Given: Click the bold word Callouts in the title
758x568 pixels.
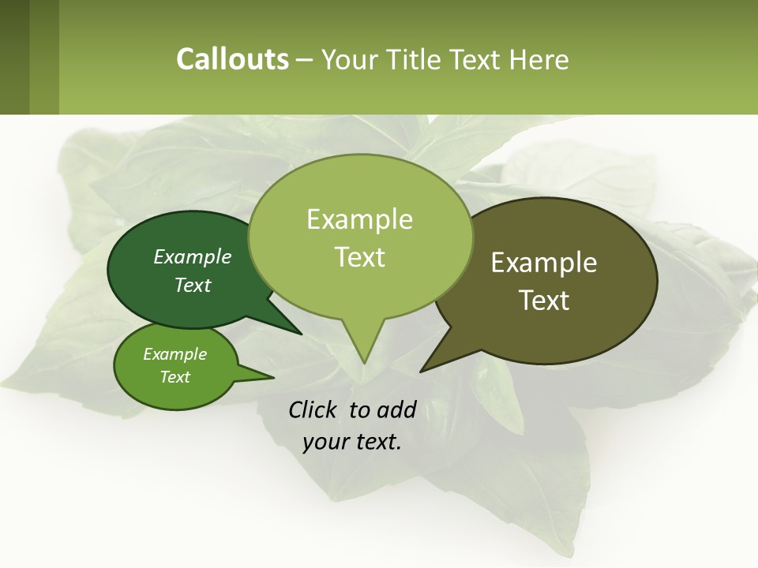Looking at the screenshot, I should point(232,59).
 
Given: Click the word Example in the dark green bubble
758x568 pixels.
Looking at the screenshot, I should point(192,257).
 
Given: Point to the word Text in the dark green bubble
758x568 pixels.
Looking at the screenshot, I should point(192,286).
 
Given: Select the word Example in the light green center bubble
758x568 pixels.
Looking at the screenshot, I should point(359,219).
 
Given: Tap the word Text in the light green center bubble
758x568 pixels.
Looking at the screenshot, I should point(359,257).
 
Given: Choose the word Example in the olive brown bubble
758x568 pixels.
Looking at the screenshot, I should point(544,263).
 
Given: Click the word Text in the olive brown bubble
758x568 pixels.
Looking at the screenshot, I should point(544,301).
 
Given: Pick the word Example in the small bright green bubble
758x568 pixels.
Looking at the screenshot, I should point(174,354).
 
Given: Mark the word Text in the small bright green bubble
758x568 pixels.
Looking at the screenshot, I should point(174,377).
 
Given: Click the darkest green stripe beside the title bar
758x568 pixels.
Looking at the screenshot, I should point(14,57).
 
